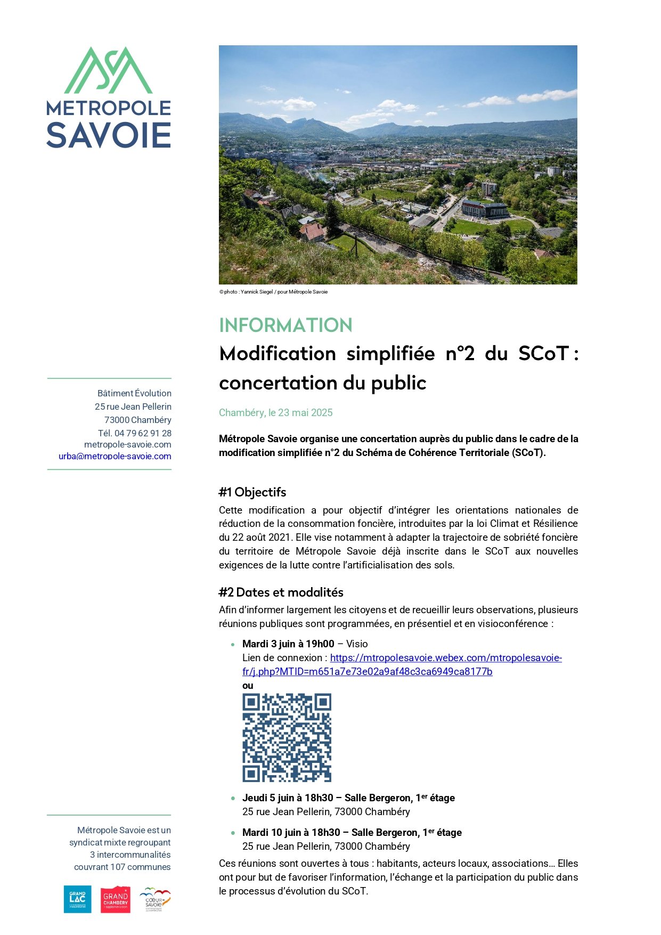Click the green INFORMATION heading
point(285,325)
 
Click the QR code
point(287,737)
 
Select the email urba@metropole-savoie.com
point(115,456)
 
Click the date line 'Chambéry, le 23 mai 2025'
point(275,412)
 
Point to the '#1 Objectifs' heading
point(252,492)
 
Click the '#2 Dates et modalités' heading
point(281,592)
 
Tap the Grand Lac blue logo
point(77,899)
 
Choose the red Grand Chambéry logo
point(116,899)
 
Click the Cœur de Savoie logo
point(155,899)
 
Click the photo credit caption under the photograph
point(273,292)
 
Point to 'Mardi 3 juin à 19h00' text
point(288,644)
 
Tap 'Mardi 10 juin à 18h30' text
point(291,832)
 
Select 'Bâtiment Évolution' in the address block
point(134,393)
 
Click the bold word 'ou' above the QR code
point(248,686)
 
